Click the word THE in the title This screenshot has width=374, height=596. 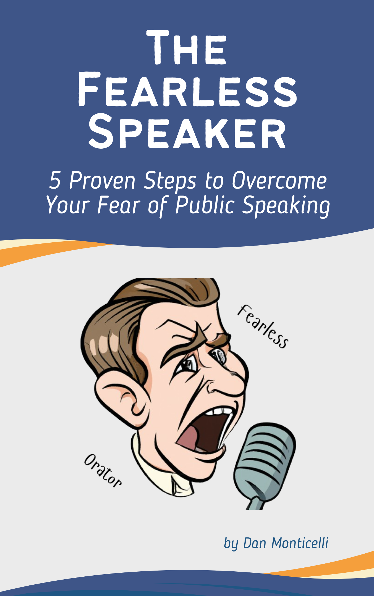click(x=186, y=47)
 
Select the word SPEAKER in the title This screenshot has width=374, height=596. click(x=187, y=132)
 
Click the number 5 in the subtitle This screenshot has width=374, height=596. click(x=55, y=181)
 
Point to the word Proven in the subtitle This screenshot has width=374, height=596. click(x=102, y=181)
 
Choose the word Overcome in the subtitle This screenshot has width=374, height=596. click(x=279, y=181)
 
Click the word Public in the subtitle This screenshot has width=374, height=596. click(x=205, y=205)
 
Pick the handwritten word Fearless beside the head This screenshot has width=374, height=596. click(x=263, y=326)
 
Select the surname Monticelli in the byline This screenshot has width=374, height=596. click(x=300, y=543)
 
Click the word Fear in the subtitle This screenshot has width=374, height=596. click(x=119, y=205)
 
